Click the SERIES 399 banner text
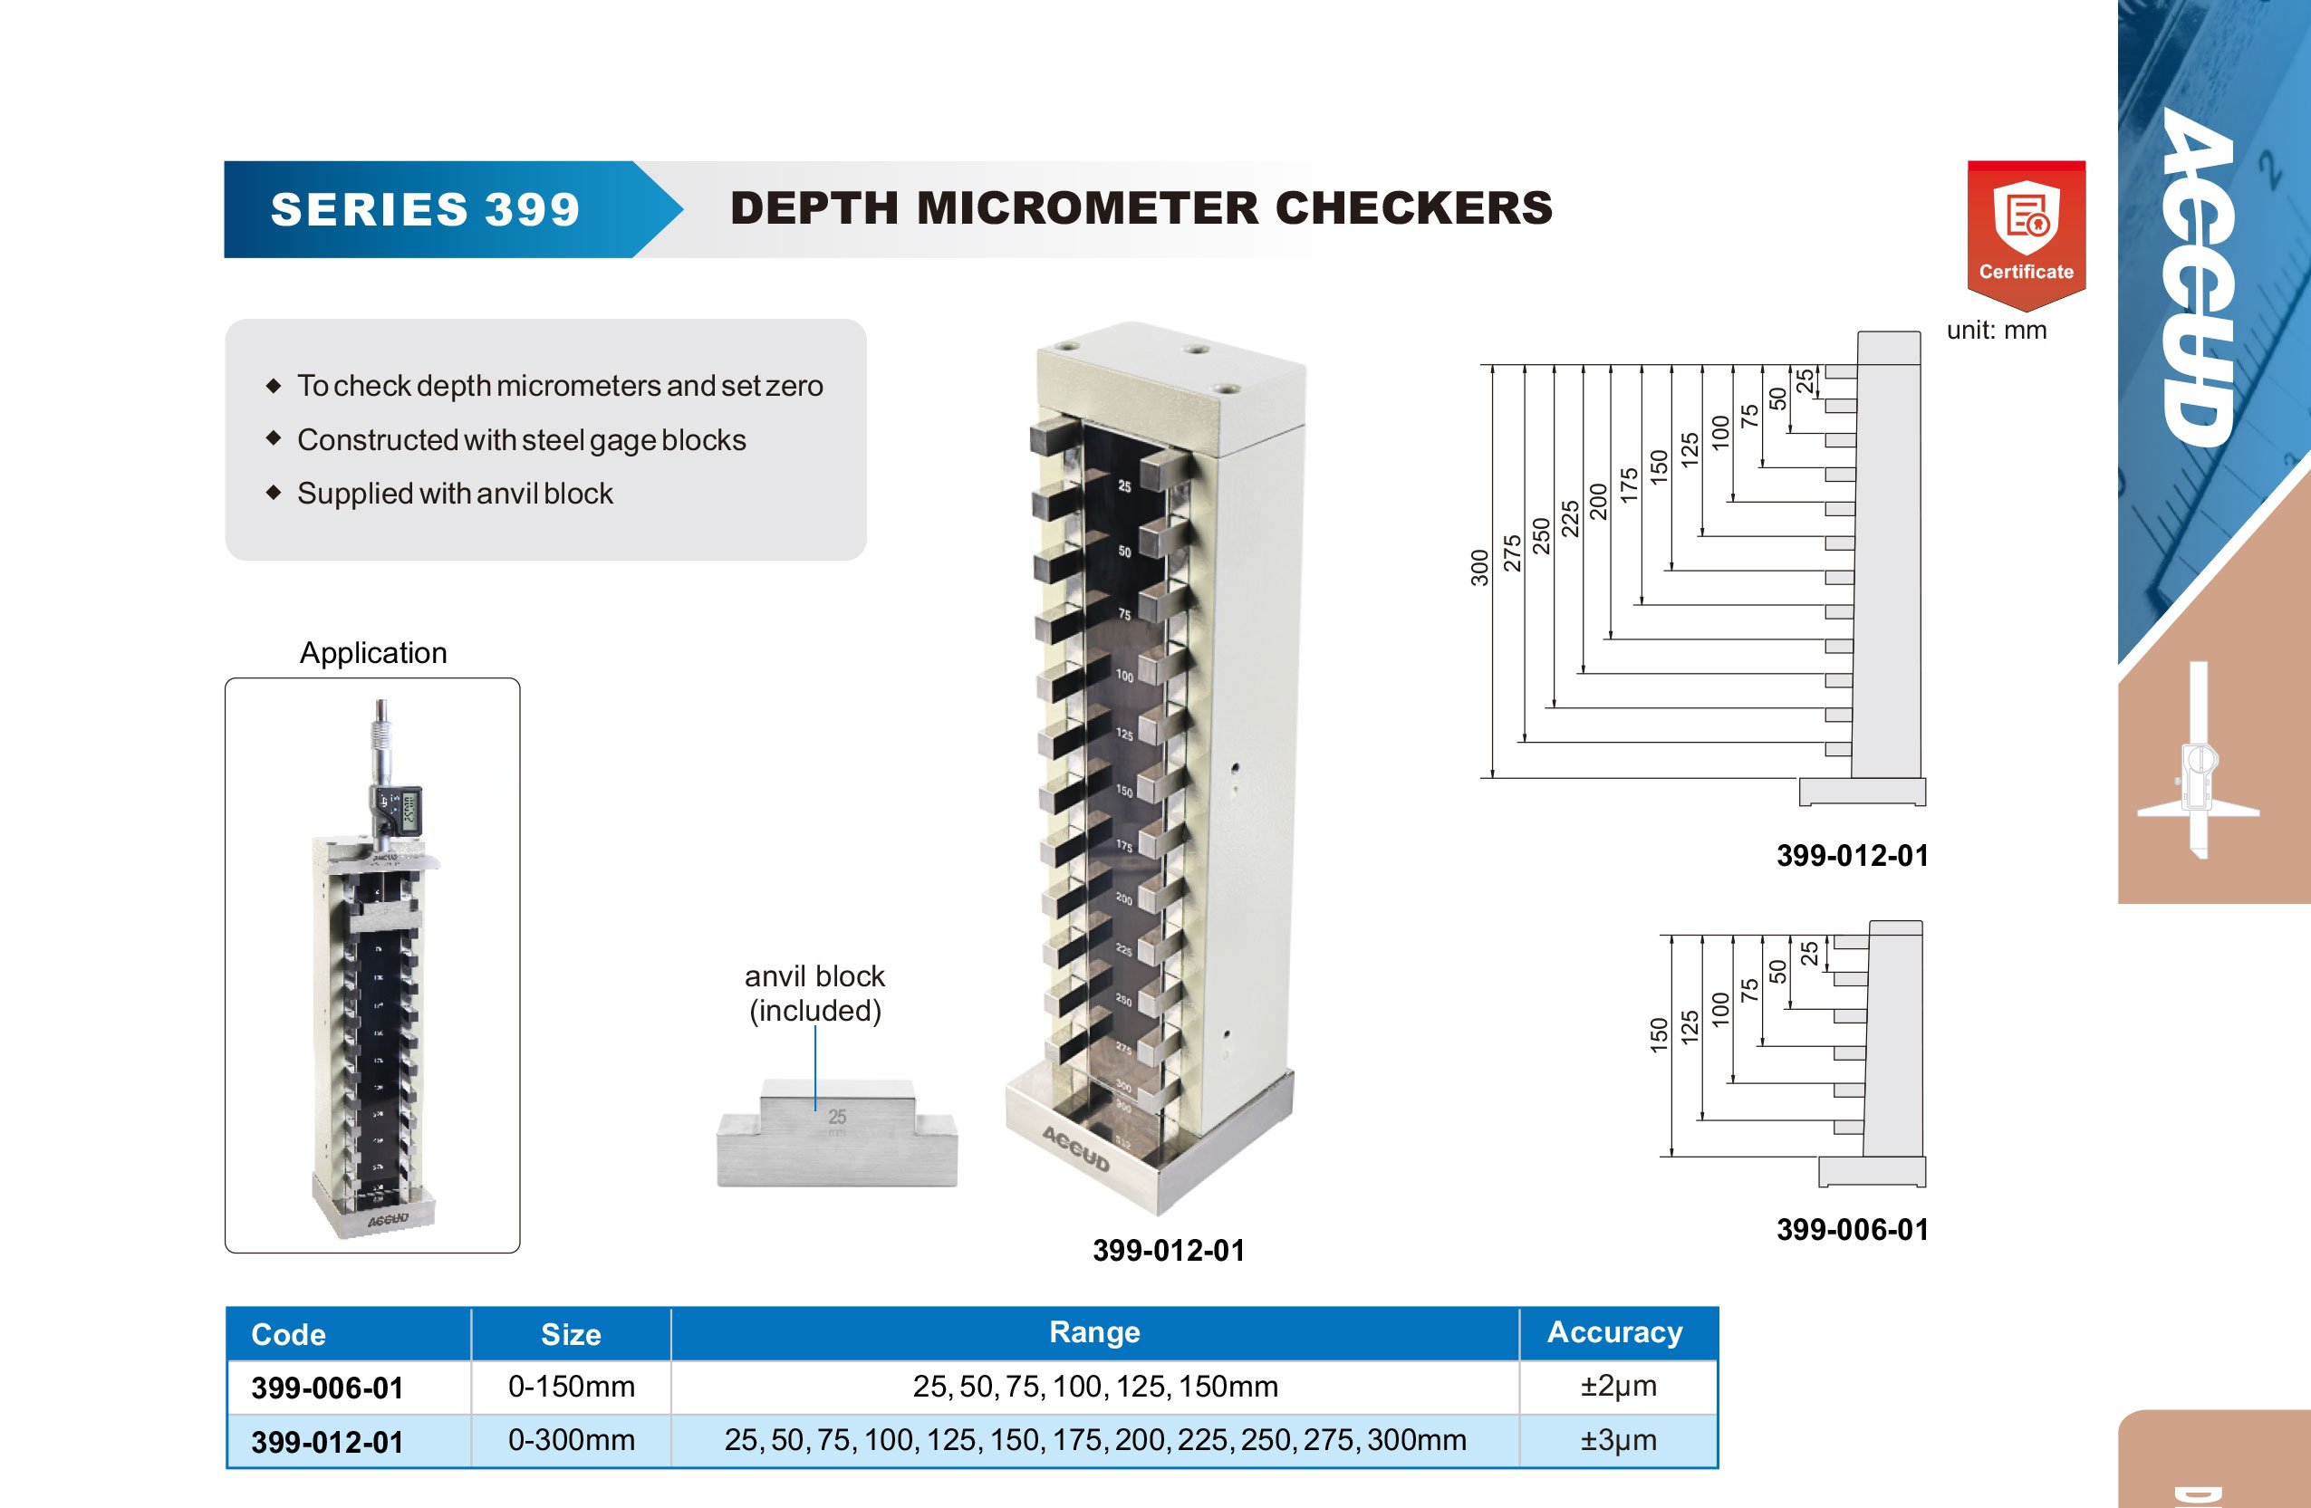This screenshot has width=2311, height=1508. [425, 210]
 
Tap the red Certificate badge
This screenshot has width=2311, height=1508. [2027, 234]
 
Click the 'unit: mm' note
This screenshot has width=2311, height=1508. [1997, 331]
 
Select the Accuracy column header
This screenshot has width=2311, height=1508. [1614, 1332]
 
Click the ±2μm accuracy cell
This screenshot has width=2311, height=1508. [1618, 1386]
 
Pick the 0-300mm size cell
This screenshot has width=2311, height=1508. [571, 1439]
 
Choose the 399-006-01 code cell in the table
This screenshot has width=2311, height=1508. [327, 1388]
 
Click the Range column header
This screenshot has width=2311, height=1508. [1094, 1332]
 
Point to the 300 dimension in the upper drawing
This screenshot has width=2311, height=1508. [1478, 568]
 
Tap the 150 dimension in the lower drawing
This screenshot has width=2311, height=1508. [1659, 1034]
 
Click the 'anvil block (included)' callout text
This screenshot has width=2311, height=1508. [814, 993]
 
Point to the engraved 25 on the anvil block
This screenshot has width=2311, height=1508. [837, 1117]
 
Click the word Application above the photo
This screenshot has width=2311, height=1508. [373, 652]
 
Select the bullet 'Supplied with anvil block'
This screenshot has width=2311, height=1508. [455, 494]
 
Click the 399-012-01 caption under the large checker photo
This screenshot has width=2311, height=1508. [1168, 1250]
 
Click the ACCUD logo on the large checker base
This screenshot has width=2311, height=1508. [1076, 1149]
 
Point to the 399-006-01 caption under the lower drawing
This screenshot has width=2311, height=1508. [1852, 1229]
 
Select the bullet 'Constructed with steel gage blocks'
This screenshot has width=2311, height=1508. [522, 440]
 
